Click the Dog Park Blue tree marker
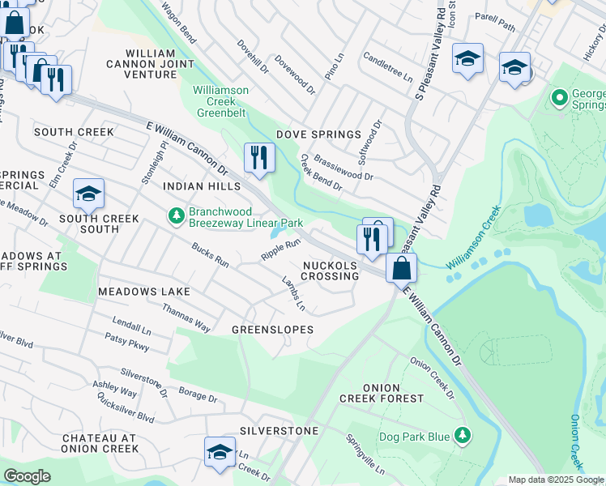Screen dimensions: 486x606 [462, 437]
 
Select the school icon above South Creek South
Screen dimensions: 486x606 [88, 194]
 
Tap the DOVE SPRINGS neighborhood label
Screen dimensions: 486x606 [318, 134]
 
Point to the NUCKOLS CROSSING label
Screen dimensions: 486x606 [331, 271]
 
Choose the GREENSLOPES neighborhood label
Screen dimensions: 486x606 [272, 330]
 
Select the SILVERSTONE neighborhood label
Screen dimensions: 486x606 [278, 431]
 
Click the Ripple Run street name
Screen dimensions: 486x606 [280, 249]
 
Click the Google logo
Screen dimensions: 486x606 [27, 476]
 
